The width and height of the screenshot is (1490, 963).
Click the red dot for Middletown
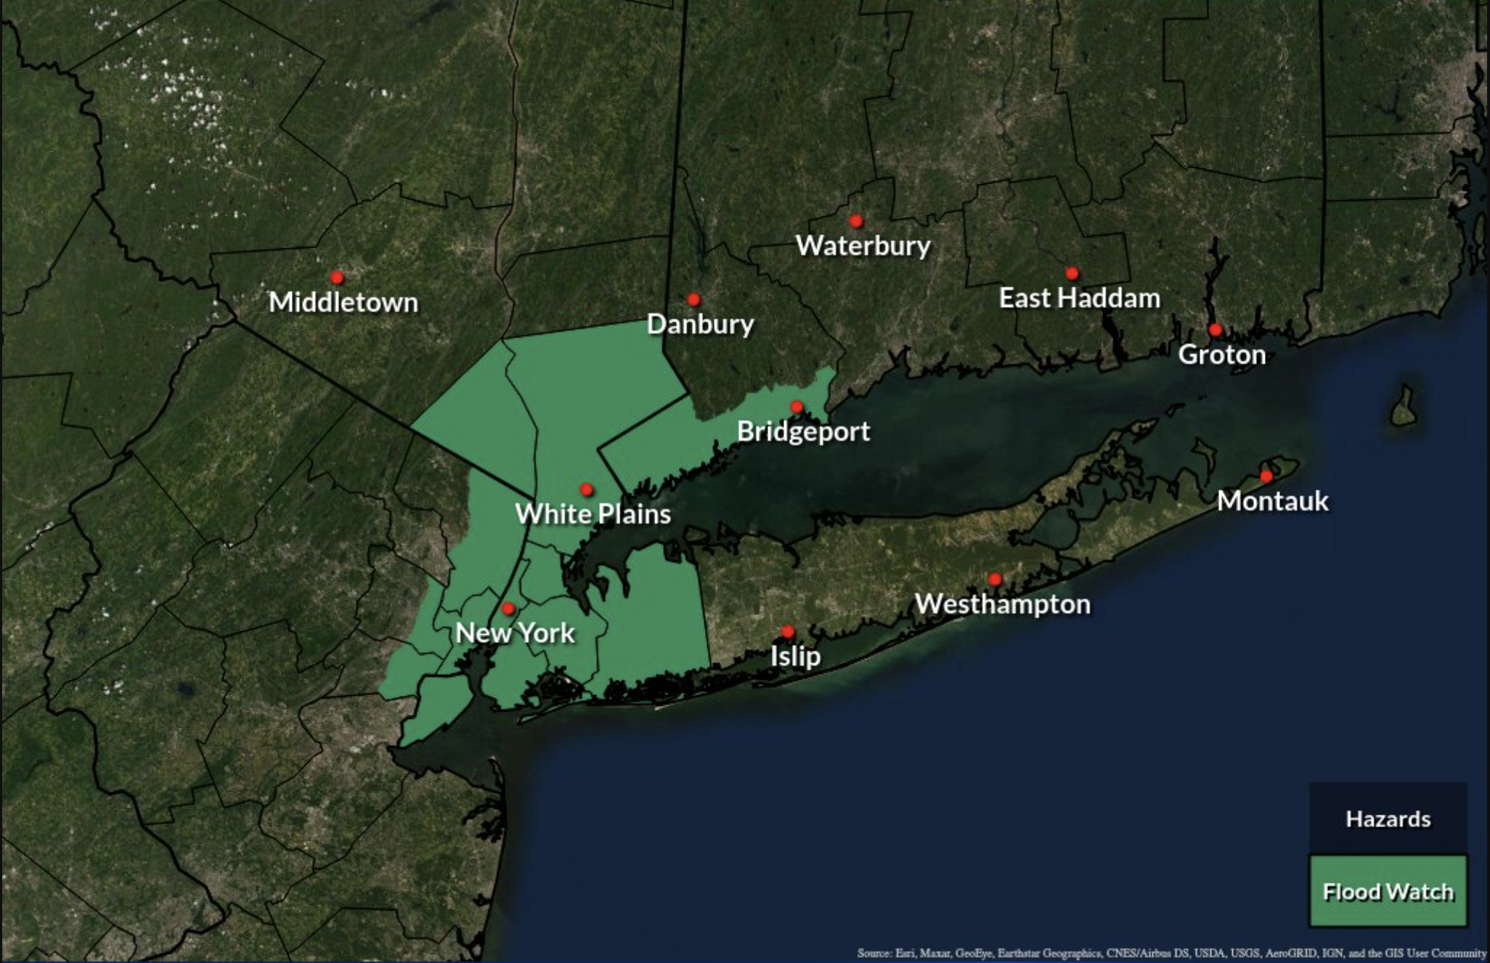click(x=337, y=277)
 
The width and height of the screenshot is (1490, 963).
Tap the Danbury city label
click(x=700, y=324)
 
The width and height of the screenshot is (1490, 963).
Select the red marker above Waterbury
click(x=856, y=221)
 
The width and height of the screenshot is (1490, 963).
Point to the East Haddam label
click(x=1079, y=298)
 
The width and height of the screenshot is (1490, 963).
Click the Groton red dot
click(x=1215, y=330)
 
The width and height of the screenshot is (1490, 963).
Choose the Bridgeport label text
click(x=803, y=431)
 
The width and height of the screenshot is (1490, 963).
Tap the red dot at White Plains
click(x=587, y=489)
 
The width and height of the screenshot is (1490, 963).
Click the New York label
click(x=515, y=633)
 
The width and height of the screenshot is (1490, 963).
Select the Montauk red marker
click(x=1266, y=476)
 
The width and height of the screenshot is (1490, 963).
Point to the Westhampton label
click(x=1002, y=604)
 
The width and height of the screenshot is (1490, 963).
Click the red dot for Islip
click(x=788, y=632)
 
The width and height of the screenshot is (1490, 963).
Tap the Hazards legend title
click(x=1388, y=819)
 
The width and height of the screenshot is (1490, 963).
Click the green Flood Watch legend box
click(x=1388, y=891)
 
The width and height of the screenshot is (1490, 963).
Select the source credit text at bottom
click(x=1171, y=953)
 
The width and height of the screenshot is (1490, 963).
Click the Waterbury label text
click(x=863, y=245)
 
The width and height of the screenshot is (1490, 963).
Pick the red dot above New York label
click(x=508, y=608)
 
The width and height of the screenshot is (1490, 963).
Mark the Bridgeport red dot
click(x=797, y=407)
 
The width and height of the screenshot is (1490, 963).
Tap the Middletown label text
click(x=343, y=302)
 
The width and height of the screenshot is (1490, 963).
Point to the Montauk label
click(x=1272, y=501)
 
